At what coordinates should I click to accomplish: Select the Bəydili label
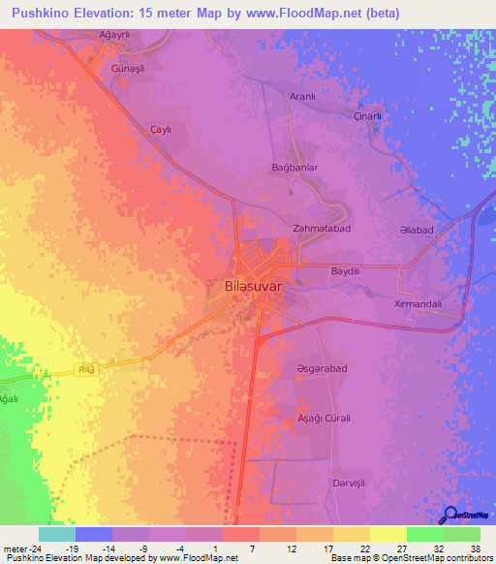point(346,271)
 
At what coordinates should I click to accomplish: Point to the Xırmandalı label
point(418,303)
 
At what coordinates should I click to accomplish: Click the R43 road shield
point(86,366)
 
